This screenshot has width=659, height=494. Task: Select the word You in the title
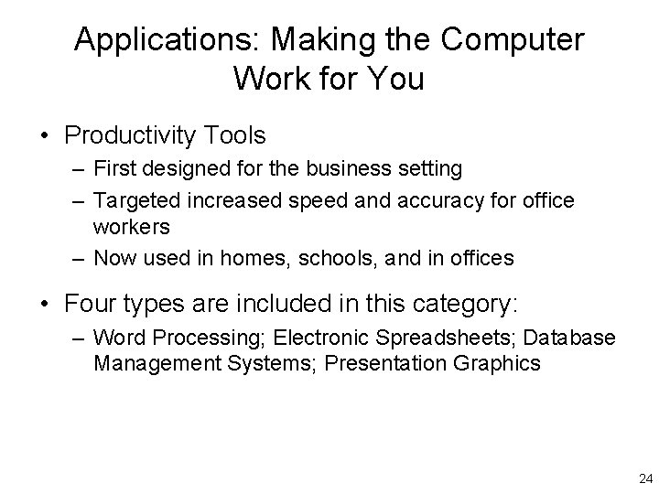396,79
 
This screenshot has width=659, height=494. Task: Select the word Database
571,338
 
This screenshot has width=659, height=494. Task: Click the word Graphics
501,363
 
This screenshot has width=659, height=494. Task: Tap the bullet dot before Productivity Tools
44,137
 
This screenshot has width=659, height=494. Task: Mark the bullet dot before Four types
44,302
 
